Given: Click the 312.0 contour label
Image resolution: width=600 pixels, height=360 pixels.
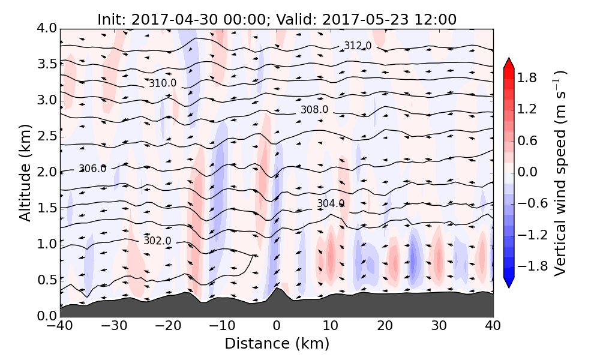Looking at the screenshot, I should point(358,46).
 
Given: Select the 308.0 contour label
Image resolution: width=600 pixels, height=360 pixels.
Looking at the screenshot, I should point(314,110).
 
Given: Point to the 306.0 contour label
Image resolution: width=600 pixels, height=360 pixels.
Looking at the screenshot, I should point(92,169).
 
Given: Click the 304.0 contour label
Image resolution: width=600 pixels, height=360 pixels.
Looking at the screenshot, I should point(331,204).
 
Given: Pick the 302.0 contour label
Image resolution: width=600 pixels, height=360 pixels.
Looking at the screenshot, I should point(157,241).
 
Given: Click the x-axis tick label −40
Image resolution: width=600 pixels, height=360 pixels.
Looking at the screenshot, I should point(60,327).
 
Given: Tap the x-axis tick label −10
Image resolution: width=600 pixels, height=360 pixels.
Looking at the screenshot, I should point(222,327).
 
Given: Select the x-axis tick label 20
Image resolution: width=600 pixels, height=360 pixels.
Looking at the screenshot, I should point(385,327).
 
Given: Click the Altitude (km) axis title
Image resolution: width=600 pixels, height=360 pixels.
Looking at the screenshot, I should point(25,172).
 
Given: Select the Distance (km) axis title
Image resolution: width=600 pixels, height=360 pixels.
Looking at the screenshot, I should point(277,344).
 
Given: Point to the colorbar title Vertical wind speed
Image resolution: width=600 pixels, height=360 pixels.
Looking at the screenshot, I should point(560,172).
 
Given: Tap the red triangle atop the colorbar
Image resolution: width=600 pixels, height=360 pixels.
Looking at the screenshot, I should point(509,62).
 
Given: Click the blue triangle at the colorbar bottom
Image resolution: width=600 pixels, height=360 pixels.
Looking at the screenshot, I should point(509,283).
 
